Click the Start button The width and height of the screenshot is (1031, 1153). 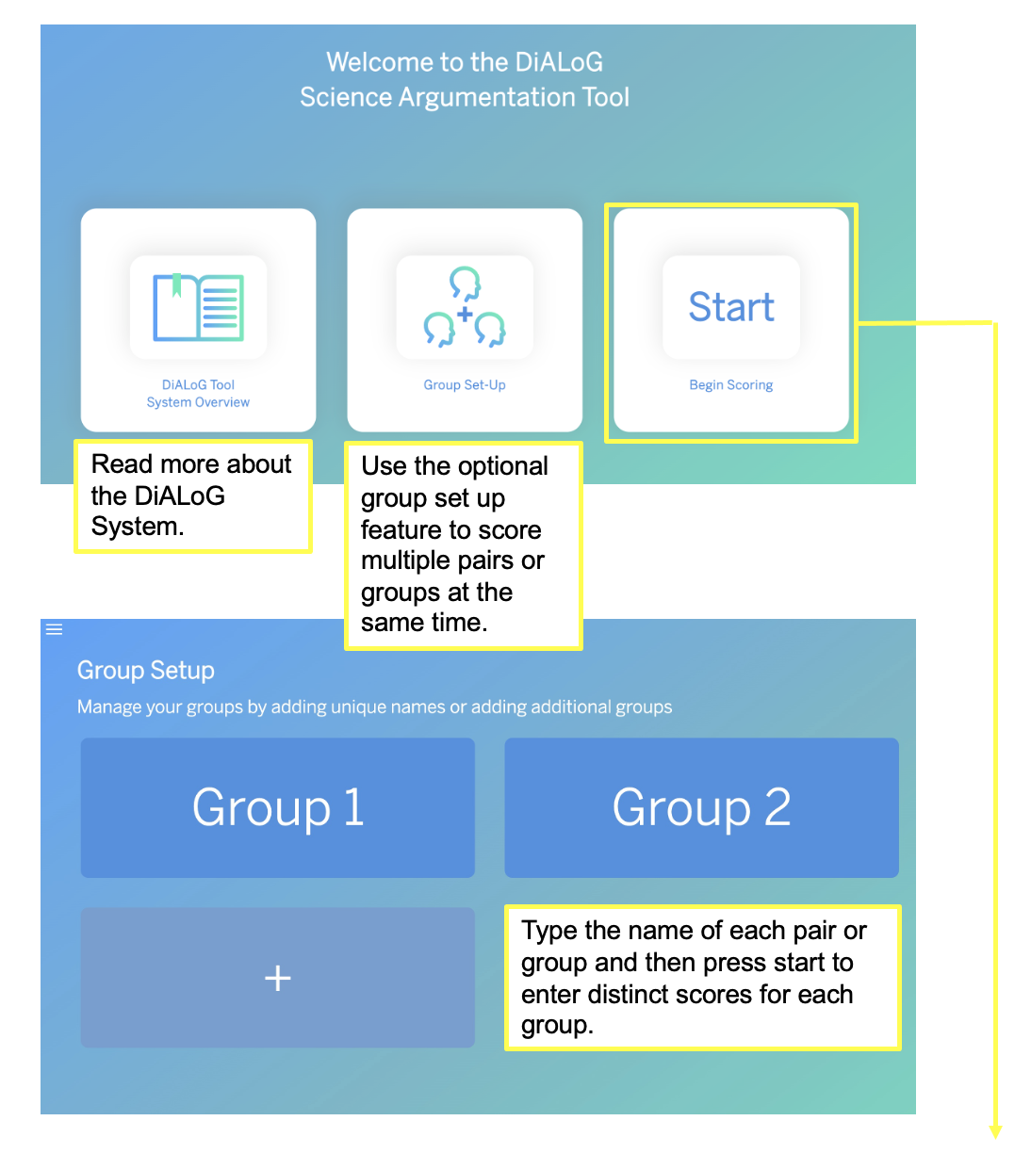(x=731, y=307)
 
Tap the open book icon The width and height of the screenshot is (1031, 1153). (x=198, y=307)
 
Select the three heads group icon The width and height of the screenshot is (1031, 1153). (x=465, y=307)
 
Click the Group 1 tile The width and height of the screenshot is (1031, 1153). (x=278, y=807)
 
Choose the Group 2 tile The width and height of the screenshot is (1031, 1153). (x=701, y=807)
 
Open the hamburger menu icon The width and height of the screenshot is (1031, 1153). (x=55, y=629)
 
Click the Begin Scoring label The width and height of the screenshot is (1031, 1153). (x=731, y=385)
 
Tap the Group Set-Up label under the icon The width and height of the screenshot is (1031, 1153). (x=465, y=385)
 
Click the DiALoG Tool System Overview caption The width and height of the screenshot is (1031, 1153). (x=198, y=394)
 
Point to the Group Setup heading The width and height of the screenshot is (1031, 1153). (x=146, y=671)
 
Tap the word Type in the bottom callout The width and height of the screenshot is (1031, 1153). (x=548, y=931)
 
